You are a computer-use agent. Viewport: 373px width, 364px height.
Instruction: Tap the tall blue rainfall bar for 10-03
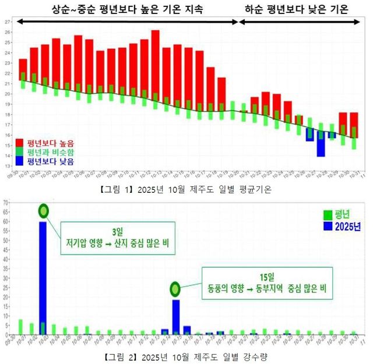point(43,277)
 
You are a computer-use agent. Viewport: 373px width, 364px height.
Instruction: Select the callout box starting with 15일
point(267,282)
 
